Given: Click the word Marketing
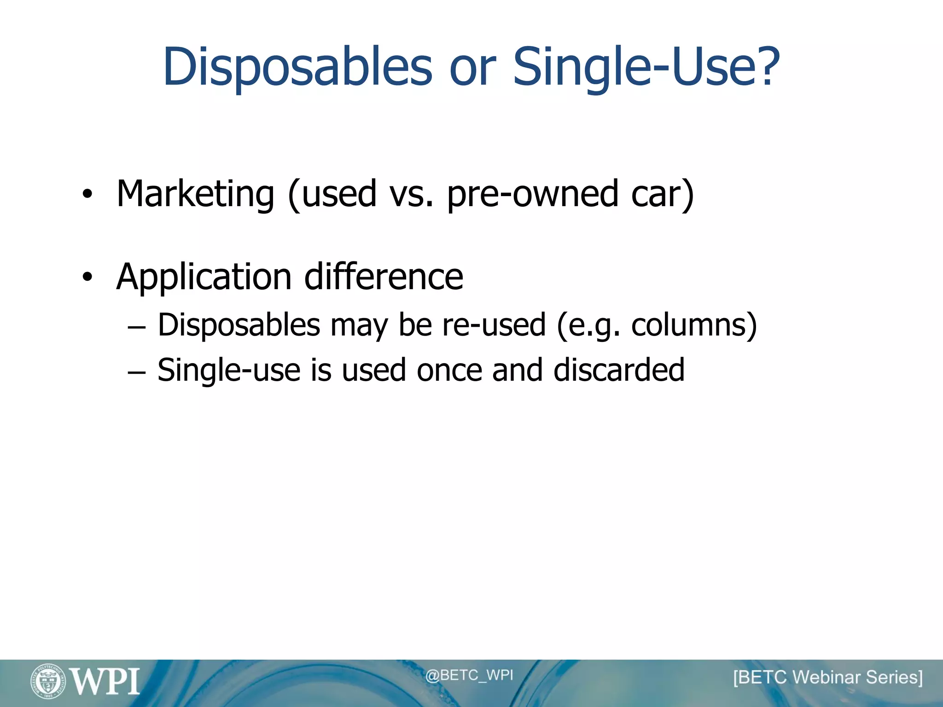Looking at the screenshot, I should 196,194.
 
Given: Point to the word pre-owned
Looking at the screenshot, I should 532,194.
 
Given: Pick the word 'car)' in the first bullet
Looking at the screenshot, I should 663,194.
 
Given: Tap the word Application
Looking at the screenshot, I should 204,278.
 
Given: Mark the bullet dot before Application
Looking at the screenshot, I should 87,277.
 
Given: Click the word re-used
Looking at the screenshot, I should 494,325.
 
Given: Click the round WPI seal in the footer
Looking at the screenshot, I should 48,681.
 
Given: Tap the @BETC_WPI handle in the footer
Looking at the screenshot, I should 469,675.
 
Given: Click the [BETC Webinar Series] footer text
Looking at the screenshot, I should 827,678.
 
